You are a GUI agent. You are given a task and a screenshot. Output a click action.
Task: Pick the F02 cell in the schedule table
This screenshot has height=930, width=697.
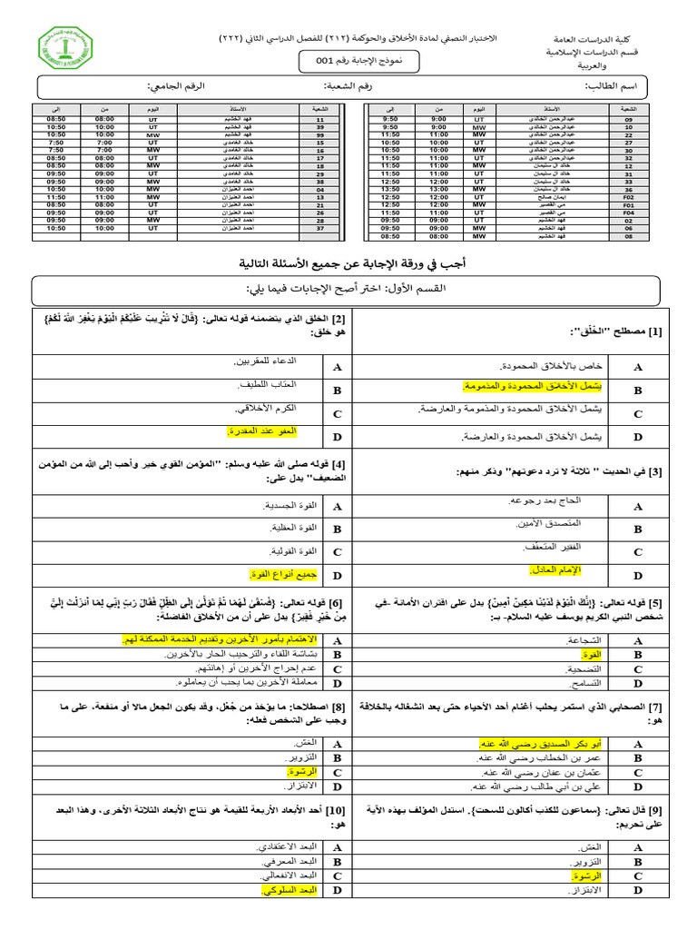pyautogui.click(x=627, y=195)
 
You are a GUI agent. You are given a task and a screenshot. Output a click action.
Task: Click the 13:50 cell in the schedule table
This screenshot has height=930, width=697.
pyautogui.click(x=388, y=188)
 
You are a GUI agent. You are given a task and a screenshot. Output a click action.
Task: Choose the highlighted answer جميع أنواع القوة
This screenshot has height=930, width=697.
pyautogui.click(x=261, y=574)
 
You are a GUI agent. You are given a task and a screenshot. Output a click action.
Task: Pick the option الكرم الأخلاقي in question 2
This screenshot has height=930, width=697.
pyautogui.click(x=272, y=411)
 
